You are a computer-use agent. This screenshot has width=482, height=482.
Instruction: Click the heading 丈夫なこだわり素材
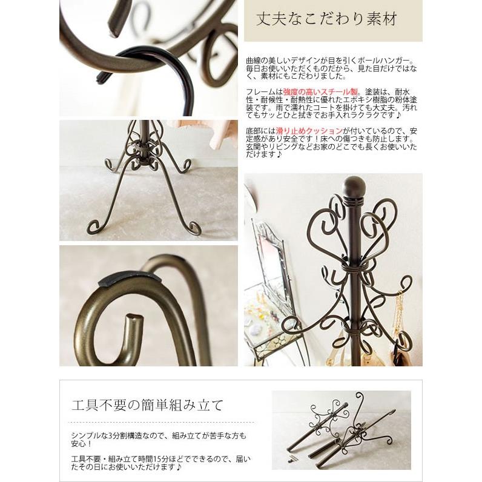click(326, 19)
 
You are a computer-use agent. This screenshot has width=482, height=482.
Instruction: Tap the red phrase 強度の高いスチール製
click(320, 92)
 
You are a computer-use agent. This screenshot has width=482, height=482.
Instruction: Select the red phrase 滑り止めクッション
click(309, 131)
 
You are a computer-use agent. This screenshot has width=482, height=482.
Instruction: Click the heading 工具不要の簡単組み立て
click(147, 405)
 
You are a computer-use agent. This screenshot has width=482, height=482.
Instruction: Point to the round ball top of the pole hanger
click(354, 186)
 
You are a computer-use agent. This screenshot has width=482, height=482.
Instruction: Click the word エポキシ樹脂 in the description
click(342, 100)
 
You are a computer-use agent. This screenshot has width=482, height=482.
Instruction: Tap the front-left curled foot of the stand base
click(94, 226)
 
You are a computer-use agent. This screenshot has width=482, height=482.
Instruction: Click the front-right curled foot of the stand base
click(193, 227)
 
